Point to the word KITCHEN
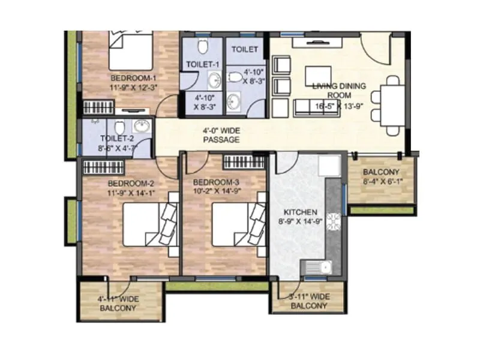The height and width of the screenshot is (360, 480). click(x=300, y=212)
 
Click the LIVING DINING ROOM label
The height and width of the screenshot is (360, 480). click(x=339, y=90)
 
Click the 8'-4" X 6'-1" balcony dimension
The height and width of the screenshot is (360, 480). click(x=381, y=182)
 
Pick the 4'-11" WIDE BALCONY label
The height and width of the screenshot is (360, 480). click(x=118, y=304)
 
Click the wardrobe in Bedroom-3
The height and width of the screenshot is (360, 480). click(x=244, y=161)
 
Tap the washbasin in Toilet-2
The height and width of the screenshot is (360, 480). click(x=142, y=126)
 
